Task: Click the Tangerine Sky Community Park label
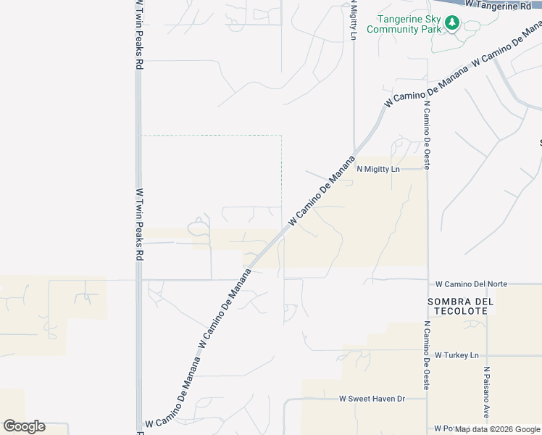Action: (403, 25)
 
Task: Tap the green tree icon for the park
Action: (452, 23)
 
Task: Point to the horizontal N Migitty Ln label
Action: (378, 170)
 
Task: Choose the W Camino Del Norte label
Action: (471, 284)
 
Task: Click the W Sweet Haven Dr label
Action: (372, 399)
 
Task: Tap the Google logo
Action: (24, 426)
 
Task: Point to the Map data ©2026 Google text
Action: (497, 429)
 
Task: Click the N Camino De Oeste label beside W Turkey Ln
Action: (428, 355)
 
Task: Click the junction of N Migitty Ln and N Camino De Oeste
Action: (428, 170)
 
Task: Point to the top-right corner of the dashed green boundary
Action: (281, 136)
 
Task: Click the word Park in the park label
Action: (427, 30)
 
